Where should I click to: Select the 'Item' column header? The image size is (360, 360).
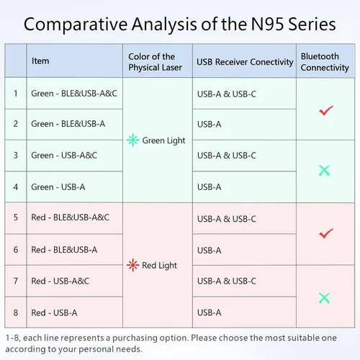click(x=40, y=61)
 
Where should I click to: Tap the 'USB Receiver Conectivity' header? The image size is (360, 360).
click(x=245, y=62)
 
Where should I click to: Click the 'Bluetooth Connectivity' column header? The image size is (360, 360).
click(x=325, y=62)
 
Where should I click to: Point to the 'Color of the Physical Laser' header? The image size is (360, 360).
click(x=155, y=62)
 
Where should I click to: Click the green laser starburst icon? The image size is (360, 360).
click(x=132, y=140)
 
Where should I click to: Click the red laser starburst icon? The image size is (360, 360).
click(x=132, y=265)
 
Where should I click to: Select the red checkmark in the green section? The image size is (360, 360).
click(x=326, y=111)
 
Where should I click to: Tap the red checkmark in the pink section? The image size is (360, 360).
click(x=326, y=233)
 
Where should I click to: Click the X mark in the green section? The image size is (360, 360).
click(x=324, y=171)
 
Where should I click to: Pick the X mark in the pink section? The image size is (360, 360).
click(x=324, y=298)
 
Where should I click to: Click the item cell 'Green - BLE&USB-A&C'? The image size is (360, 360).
click(x=74, y=94)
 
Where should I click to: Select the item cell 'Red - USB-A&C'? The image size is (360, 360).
click(x=60, y=281)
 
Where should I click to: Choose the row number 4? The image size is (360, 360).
click(x=16, y=187)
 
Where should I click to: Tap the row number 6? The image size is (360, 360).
click(x=16, y=250)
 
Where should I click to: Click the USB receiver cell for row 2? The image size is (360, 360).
click(x=210, y=125)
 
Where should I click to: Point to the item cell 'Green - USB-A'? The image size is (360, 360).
click(x=58, y=187)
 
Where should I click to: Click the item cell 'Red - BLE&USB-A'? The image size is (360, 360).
click(x=64, y=250)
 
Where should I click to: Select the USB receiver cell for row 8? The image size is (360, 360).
click(x=210, y=312)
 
